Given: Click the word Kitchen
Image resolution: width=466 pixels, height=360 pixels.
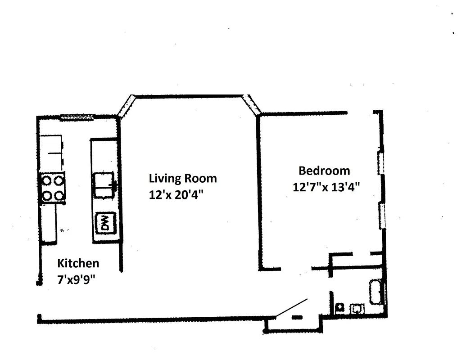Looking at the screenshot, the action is tap(78, 263).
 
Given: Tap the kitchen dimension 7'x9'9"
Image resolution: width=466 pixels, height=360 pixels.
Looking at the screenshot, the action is tap(76, 279).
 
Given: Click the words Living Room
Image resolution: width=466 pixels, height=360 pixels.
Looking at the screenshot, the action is tap(183, 179).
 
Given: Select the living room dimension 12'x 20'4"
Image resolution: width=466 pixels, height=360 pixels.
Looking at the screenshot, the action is tap(176, 195).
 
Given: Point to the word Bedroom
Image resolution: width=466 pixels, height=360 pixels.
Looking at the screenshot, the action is tap(324, 171).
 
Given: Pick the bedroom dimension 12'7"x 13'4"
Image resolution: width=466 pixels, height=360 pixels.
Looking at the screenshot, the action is tap(326, 187).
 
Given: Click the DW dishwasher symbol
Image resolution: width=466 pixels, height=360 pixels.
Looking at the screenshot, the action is tap(105, 223).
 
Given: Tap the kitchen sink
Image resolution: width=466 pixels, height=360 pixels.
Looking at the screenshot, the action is tap(104, 185).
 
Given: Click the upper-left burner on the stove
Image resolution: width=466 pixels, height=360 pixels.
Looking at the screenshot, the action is tap(47, 180).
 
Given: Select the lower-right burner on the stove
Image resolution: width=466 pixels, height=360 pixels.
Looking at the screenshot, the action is tap(59, 196).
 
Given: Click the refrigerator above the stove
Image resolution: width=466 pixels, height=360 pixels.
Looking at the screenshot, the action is tap(51, 153).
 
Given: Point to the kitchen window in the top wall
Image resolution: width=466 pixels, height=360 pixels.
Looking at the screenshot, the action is tap(77, 117).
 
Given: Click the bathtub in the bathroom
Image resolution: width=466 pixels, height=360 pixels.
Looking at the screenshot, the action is tap(377, 292).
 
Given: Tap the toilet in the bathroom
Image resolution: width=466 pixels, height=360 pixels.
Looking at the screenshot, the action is tap(339, 308).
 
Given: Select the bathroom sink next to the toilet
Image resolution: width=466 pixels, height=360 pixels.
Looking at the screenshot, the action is tap(357, 309).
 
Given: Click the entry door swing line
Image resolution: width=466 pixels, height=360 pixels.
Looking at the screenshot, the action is tap(292, 308).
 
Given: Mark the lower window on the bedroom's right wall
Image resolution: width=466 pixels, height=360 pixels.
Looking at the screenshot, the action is tap(382, 216).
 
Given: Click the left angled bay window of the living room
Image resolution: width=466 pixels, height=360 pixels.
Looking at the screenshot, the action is tap(126, 106).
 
